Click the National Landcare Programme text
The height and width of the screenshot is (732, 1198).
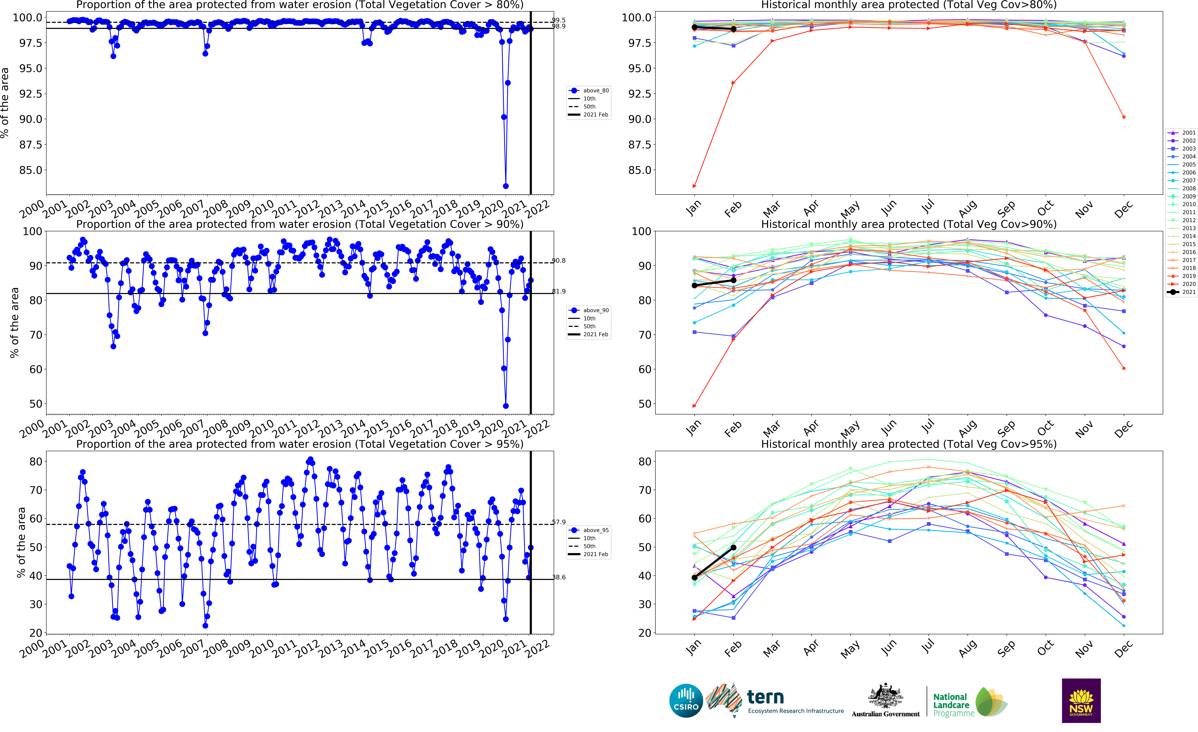[953, 705]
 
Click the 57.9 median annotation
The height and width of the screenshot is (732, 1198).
[559, 522]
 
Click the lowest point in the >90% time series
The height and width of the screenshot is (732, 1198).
[506, 406]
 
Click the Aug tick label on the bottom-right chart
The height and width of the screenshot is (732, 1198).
[968, 649]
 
